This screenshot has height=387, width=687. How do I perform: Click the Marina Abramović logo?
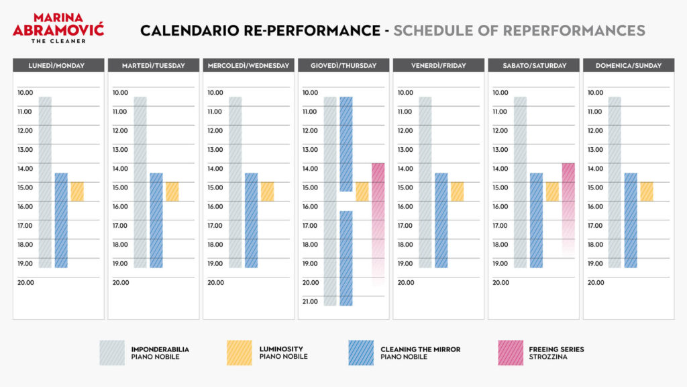point(58,28)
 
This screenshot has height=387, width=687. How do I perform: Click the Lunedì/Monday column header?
point(58,65)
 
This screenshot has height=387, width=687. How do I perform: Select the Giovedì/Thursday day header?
point(343,65)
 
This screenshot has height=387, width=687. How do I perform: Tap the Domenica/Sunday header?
point(629,65)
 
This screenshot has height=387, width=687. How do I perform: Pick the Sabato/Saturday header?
point(534,65)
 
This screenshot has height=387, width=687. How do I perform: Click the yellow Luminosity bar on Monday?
point(77,191)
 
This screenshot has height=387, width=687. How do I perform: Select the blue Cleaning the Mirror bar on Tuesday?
point(156,220)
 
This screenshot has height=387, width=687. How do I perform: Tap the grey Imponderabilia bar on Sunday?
point(615,182)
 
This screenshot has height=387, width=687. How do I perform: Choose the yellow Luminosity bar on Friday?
point(457,191)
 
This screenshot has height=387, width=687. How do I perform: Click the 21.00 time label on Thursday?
point(311,302)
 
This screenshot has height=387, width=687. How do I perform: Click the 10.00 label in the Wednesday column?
point(215,93)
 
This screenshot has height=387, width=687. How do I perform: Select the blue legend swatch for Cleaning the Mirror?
point(361,353)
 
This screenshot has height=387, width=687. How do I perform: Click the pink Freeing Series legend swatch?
point(509,353)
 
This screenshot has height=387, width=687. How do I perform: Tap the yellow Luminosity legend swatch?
point(240,353)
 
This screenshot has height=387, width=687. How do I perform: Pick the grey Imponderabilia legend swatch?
point(112,353)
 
